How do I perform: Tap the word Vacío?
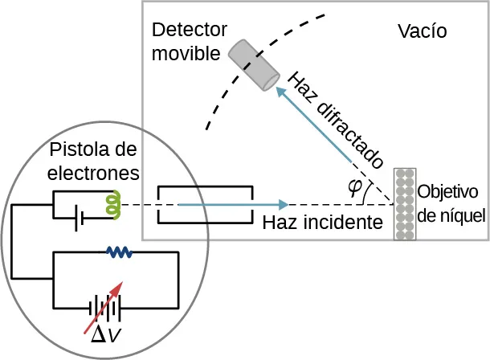pos(422,31)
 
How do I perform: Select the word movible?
pos(186,54)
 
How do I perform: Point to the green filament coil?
pos(112,204)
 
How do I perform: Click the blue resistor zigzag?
pos(120,252)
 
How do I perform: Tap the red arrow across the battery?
pos(104,306)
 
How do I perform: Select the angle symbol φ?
pos(354,186)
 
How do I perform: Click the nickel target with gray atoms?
pos(405,204)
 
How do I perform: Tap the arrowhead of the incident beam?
pos(282,204)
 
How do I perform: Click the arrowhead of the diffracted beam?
pos(282,94)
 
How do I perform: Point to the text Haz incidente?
pos(321,222)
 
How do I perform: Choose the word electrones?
pos(94,172)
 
